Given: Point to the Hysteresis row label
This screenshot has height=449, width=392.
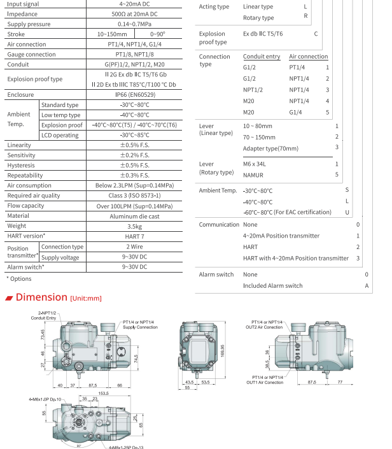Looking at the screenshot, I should click(21, 165).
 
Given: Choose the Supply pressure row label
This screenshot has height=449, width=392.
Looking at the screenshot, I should click(29, 24).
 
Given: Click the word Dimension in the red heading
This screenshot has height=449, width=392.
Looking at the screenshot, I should click(41, 297).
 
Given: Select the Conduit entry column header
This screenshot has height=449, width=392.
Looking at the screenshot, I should click(262, 57).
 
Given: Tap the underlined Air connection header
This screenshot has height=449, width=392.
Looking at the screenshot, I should click(309, 57).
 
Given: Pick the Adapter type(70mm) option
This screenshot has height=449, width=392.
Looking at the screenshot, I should click(271, 148).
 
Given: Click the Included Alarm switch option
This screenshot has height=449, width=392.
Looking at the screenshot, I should click(273, 286).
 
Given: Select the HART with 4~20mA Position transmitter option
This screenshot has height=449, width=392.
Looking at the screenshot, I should click(296, 258).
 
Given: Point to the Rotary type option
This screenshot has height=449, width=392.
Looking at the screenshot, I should click(258, 18).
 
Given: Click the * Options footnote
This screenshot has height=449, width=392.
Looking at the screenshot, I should click(19, 278).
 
